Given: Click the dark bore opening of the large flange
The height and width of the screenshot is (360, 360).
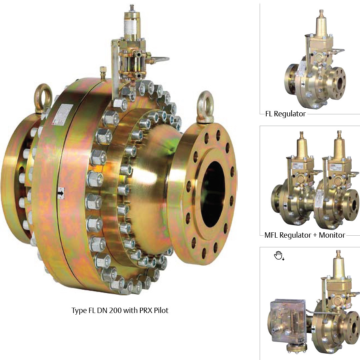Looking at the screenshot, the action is tap(213, 194).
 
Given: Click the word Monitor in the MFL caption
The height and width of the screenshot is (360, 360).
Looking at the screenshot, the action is tap(332, 235).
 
